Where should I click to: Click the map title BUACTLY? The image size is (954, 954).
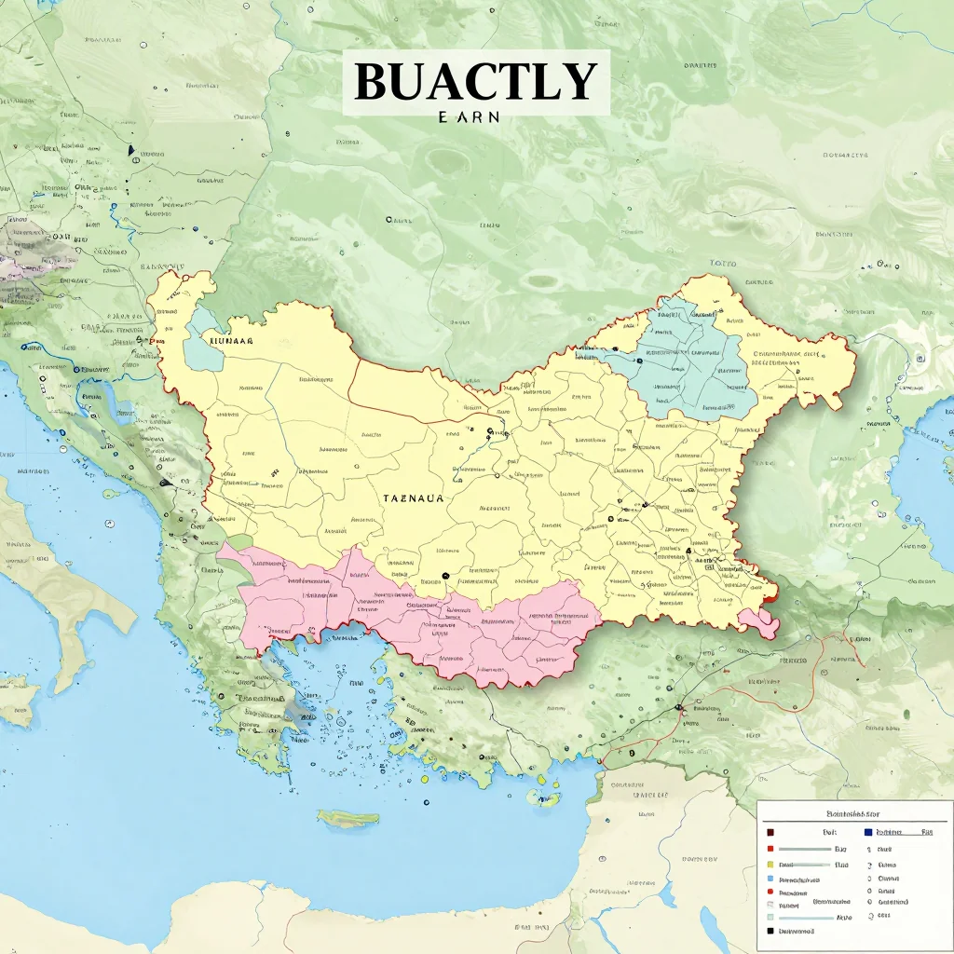coord(475,81)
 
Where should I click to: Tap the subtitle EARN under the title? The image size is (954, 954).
coord(469,118)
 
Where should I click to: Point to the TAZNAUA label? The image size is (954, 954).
coord(413,498)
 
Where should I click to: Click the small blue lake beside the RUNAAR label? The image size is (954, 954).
coord(202,345)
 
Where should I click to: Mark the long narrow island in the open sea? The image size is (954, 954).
coord(347,818)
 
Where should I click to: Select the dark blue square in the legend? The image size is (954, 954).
coord(868,832)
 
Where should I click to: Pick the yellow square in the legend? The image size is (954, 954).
coord(770,865)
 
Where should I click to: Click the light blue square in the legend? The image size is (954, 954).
coord(770,879)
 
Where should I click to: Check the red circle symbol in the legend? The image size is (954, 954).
coord(770,892)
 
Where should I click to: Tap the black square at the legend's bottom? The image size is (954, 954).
coord(770,931)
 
